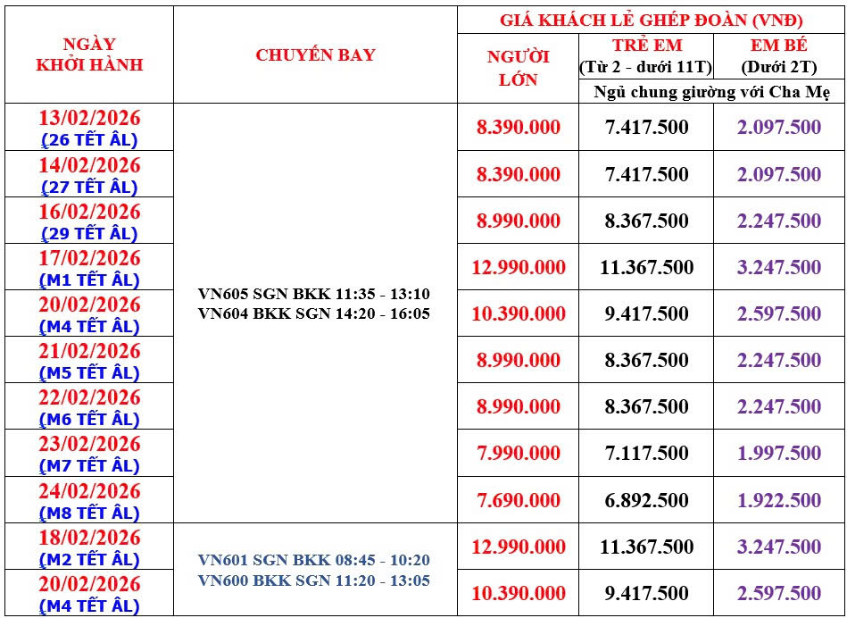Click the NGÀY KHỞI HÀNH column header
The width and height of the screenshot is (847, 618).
click(x=89, y=54)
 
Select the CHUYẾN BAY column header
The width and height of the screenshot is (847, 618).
click(x=315, y=54)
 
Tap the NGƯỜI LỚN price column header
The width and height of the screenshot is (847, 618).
click(x=518, y=68)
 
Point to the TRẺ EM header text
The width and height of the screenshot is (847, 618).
click(x=646, y=46)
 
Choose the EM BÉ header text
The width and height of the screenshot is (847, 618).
click(x=779, y=46)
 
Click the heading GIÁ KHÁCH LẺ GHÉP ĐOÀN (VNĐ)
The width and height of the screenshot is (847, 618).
click(x=651, y=20)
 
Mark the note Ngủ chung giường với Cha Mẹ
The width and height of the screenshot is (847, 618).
click(x=711, y=92)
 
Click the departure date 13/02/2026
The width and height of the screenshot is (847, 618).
click(x=89, y=119)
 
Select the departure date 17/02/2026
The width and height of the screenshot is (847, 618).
click(x=89, y=258)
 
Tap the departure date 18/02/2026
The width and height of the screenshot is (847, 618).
click(x=89, y=537)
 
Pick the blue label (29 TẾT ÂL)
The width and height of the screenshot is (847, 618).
click(x=89, y=234)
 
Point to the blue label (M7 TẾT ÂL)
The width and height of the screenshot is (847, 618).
click(x=89, y=466)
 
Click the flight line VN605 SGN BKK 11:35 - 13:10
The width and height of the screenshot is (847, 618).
click(x=315, y=294)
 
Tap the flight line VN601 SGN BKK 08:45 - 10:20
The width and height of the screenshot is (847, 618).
click(x=315, y=561)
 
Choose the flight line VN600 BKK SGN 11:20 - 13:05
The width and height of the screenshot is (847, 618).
click(x=315, y=580)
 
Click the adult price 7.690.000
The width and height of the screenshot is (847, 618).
click(x=518, y=500)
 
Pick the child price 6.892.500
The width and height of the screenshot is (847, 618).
click(x=646, y=500)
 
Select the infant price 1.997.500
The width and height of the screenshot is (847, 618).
click(x=779, y=454)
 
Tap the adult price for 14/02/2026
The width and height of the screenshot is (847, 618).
click(x=518, y=174)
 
